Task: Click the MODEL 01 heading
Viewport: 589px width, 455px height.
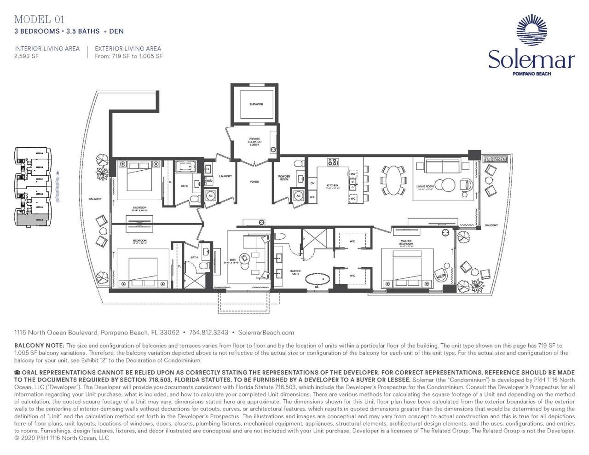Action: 39,19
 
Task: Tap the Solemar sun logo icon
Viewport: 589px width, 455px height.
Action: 531,30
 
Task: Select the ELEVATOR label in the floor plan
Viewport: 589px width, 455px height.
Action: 256,104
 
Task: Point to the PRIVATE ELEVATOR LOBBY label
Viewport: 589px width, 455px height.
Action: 254,142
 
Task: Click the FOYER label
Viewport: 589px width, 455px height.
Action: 254,182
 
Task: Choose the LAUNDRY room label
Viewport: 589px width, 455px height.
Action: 225,176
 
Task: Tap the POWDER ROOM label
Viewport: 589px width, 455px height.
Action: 284,178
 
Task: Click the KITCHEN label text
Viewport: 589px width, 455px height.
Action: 332,185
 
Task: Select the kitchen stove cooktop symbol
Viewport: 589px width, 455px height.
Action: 333,162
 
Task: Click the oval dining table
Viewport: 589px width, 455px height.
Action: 393,180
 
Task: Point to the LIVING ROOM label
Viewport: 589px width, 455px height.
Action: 425,187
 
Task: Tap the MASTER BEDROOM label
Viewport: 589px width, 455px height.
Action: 406,242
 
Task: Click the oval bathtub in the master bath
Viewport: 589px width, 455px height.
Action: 318,279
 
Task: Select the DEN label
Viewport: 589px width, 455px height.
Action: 232,260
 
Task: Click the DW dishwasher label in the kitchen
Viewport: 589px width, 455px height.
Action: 353,174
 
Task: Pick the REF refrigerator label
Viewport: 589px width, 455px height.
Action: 312,197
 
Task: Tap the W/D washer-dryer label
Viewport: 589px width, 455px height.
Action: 208,181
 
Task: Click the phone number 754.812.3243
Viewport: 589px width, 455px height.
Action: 208,332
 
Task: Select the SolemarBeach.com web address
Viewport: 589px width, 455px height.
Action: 266,332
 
